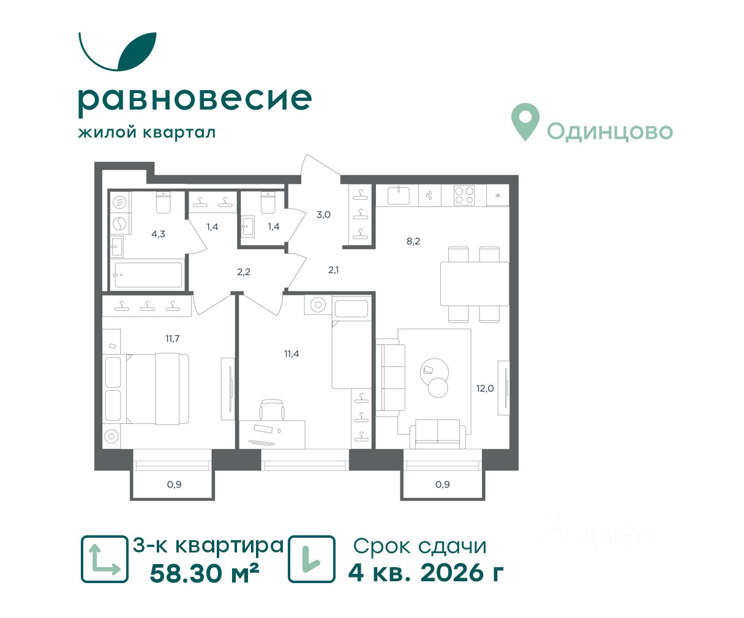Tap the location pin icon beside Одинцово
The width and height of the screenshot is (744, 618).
[525, 121]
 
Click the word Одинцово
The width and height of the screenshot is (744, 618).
[610, 132]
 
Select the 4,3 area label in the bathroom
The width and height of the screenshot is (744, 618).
[158, 234]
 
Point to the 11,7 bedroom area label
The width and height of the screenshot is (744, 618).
[173, 338]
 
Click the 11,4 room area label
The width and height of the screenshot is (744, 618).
[291, 353]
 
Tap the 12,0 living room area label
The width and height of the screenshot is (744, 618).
[485, 388]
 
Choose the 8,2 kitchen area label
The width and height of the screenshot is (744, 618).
[413, 241]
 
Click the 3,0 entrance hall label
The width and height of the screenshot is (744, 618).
[323, 214]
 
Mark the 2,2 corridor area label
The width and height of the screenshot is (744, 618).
[244, 271]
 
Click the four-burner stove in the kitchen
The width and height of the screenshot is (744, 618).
[464, 195]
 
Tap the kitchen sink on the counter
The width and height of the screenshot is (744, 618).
[399, 195]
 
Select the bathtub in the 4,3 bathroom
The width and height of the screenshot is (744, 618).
[148, 275]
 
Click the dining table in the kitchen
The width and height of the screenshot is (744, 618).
[475, 284]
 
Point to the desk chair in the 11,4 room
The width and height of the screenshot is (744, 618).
[272, 409]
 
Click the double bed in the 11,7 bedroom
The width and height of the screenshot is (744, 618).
[157, 388]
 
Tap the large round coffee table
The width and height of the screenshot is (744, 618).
[434, 372]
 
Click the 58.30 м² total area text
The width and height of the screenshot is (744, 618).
[204, 573]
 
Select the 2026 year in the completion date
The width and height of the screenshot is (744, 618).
[451, 573]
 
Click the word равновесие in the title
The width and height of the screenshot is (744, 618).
[195, 101]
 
